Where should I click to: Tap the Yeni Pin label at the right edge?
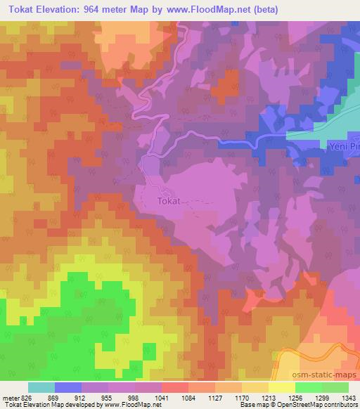344,148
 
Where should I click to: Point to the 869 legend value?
63,397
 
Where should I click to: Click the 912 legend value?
89,397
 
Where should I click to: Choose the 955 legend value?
116,397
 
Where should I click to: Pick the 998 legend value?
143,397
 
